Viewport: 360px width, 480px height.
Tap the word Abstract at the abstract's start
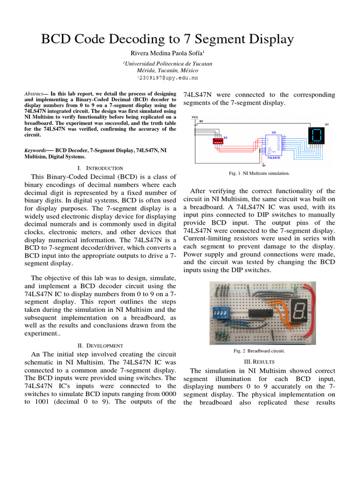(33, 94)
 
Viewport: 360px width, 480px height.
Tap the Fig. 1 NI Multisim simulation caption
(259, 173)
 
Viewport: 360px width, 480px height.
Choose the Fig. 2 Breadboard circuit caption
(259, 350)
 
